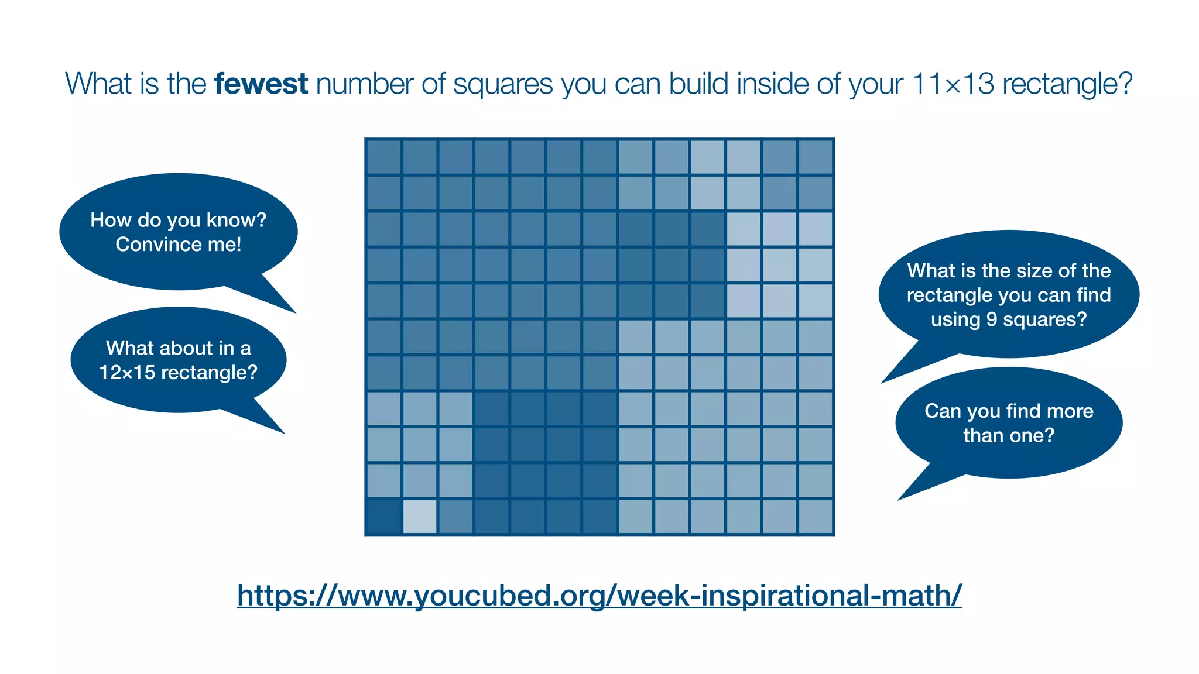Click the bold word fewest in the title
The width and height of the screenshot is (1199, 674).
pyautogui.click(x=261, y=84)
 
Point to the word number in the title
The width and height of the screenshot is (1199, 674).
pyautogui.click(x=365, y=84)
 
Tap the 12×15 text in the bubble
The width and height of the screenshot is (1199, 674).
pyautogui.click(x=125, y=372)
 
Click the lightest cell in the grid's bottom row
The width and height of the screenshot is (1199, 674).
pyautogui.click(x=420, y=517)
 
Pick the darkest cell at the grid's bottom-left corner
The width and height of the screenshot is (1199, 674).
pyautogui.click(x=383, y=517)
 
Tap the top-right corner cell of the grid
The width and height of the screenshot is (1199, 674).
pyautogui.click(x=816, y=157)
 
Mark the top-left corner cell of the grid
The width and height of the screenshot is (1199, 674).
pyautogui.click(x=383, y=157)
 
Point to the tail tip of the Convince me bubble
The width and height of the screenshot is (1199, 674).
pyautogui.click(x=296, y=313)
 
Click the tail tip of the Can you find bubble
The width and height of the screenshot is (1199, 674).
pyautogui.click(x=899, y=500)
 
